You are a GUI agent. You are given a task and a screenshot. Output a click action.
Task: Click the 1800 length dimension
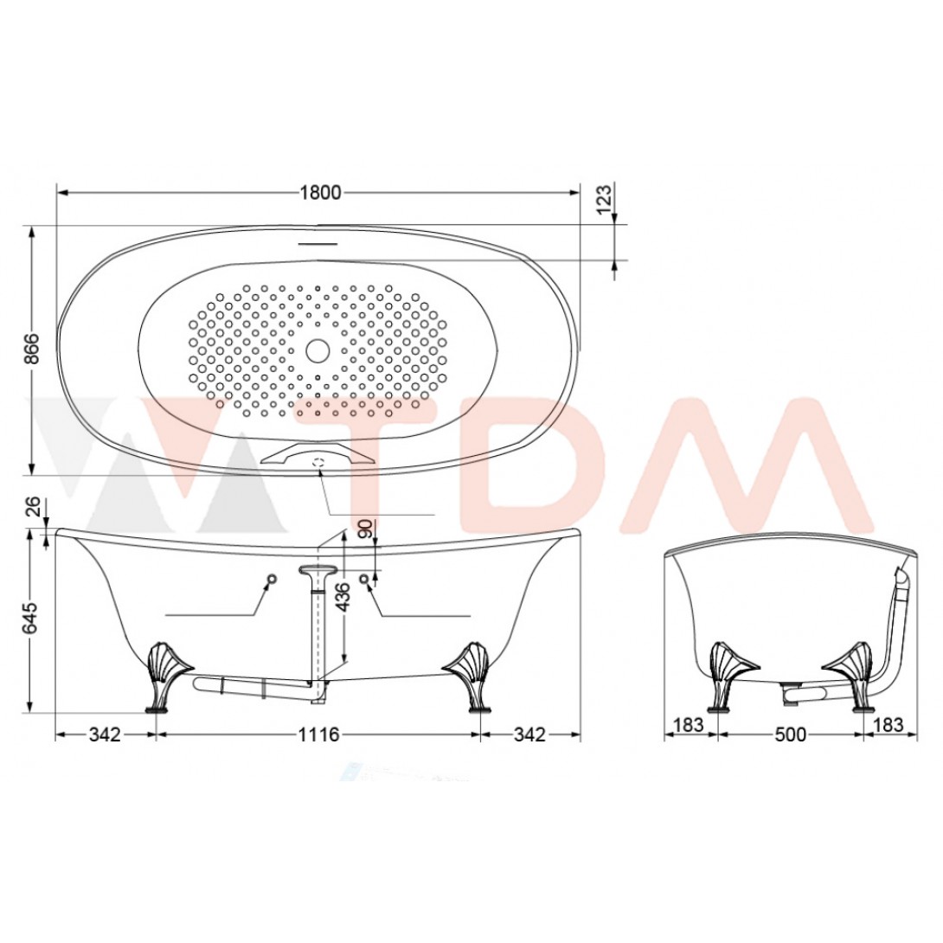coord(321,192)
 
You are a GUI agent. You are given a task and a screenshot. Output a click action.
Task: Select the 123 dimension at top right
coord(606,196)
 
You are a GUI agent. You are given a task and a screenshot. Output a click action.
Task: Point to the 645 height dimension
coord(31,618)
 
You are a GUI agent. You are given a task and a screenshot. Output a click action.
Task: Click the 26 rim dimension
coord(34,506)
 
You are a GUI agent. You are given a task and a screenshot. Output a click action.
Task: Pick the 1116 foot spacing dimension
coord(318,735)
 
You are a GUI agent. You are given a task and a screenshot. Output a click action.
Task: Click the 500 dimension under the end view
coord(790,735)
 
